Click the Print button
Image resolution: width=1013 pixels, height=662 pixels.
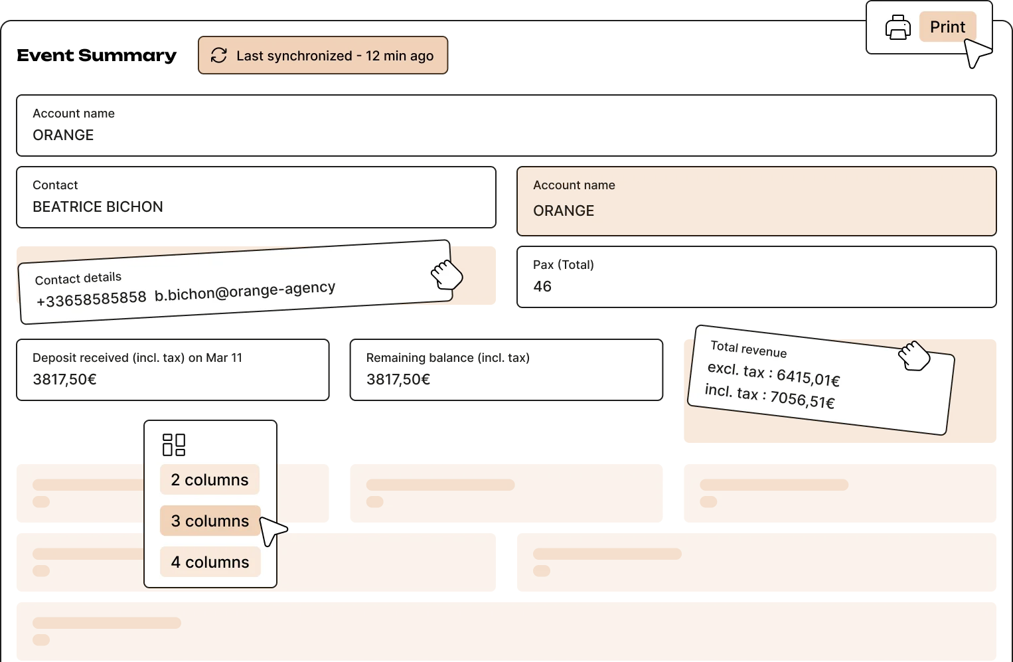[x=947, y=27]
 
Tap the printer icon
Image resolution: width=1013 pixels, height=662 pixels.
[x=897, y=28]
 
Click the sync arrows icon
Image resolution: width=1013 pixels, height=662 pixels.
[x=219, y=56]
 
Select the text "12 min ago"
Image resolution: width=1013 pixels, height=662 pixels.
[x=399, y=56]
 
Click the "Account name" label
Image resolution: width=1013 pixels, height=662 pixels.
[x=574, y=185]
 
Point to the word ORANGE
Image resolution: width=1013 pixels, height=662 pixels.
[x=564, y=210]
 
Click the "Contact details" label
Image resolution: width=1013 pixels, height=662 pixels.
[x=78, y=278]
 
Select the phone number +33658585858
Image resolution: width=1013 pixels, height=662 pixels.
[x=92, y=299]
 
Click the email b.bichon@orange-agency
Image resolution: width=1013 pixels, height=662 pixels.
[x=245, y=291]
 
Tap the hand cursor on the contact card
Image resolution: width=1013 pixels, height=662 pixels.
[x=446, y=274]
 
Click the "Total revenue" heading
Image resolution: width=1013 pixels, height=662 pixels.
[x=748, y=349]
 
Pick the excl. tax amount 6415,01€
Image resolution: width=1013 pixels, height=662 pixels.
[x=808, y=378]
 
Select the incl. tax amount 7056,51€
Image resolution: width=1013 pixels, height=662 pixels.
[x=802, y=400]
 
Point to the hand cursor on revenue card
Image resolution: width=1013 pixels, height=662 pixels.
[x=914, y=356]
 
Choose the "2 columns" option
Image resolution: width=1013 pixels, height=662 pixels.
[x=210, y=480]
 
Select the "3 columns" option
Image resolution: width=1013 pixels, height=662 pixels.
[x=210, y=521]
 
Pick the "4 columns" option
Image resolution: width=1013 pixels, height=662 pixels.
[x=210, y=562]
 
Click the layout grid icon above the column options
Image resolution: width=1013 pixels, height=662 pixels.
[x=174, y=445]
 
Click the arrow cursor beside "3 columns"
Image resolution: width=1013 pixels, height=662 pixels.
[x=272, y=530]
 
